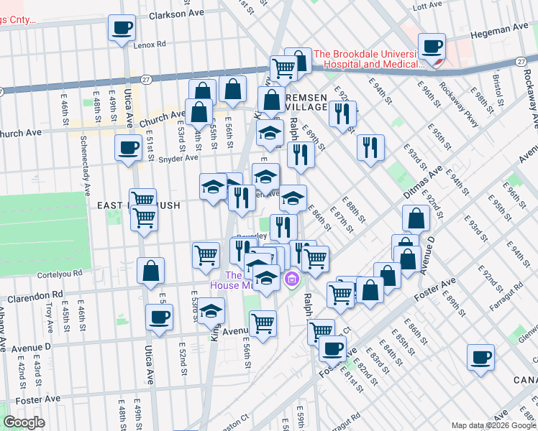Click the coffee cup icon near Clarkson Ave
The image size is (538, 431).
pyautogui.click(x=122, y=28)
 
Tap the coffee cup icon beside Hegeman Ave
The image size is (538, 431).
pyautogui.click(x=432, y=47)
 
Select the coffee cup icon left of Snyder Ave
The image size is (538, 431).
pyautogui.click(x=129, y=148)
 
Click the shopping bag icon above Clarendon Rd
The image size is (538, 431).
pyautogui.click(x=150, y=272)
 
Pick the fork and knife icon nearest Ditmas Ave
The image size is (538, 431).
pyautogui.click(x=371, y=148)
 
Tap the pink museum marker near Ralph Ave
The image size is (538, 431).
pyautogui.click(x=292, y=279)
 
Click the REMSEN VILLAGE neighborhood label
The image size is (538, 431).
pyautogui.click(x=311, y=102)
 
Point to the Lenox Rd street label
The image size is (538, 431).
pyautogui.click(x=150, y=45)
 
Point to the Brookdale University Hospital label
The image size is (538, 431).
pyautogui.click(x=365, y=58)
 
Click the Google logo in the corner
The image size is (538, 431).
pyautogui.click(x=25, y=422)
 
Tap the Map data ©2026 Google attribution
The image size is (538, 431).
pyautogui.click(x=492, y=425)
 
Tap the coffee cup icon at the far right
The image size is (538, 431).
pyautogui.click(x=480, y=358)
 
